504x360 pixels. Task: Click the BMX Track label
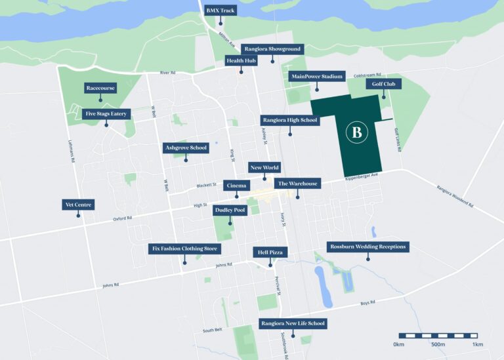(220, 10)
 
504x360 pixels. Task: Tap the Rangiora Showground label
(272, 49)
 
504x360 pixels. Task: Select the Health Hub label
(241, 60)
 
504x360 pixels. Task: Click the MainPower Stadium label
(316, 77)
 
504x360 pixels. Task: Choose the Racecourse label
(100, 88)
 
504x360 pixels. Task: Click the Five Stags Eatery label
(106, 113)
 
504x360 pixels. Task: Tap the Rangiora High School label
(289, 120)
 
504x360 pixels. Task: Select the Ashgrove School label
(186, 148)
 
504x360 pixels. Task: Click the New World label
(264, 168)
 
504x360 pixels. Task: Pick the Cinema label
(236, 186)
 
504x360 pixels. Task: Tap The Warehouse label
(297, 184)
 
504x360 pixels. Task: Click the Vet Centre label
(79, 205)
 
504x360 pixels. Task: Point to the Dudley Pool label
(230, 210)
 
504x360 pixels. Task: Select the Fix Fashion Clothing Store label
(184, 249)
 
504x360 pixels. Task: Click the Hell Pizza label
(270, 252)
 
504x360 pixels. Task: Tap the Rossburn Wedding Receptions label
(368, 247)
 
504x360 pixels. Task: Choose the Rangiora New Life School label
(292, 323)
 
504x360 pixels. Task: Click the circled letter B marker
(357, 132)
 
